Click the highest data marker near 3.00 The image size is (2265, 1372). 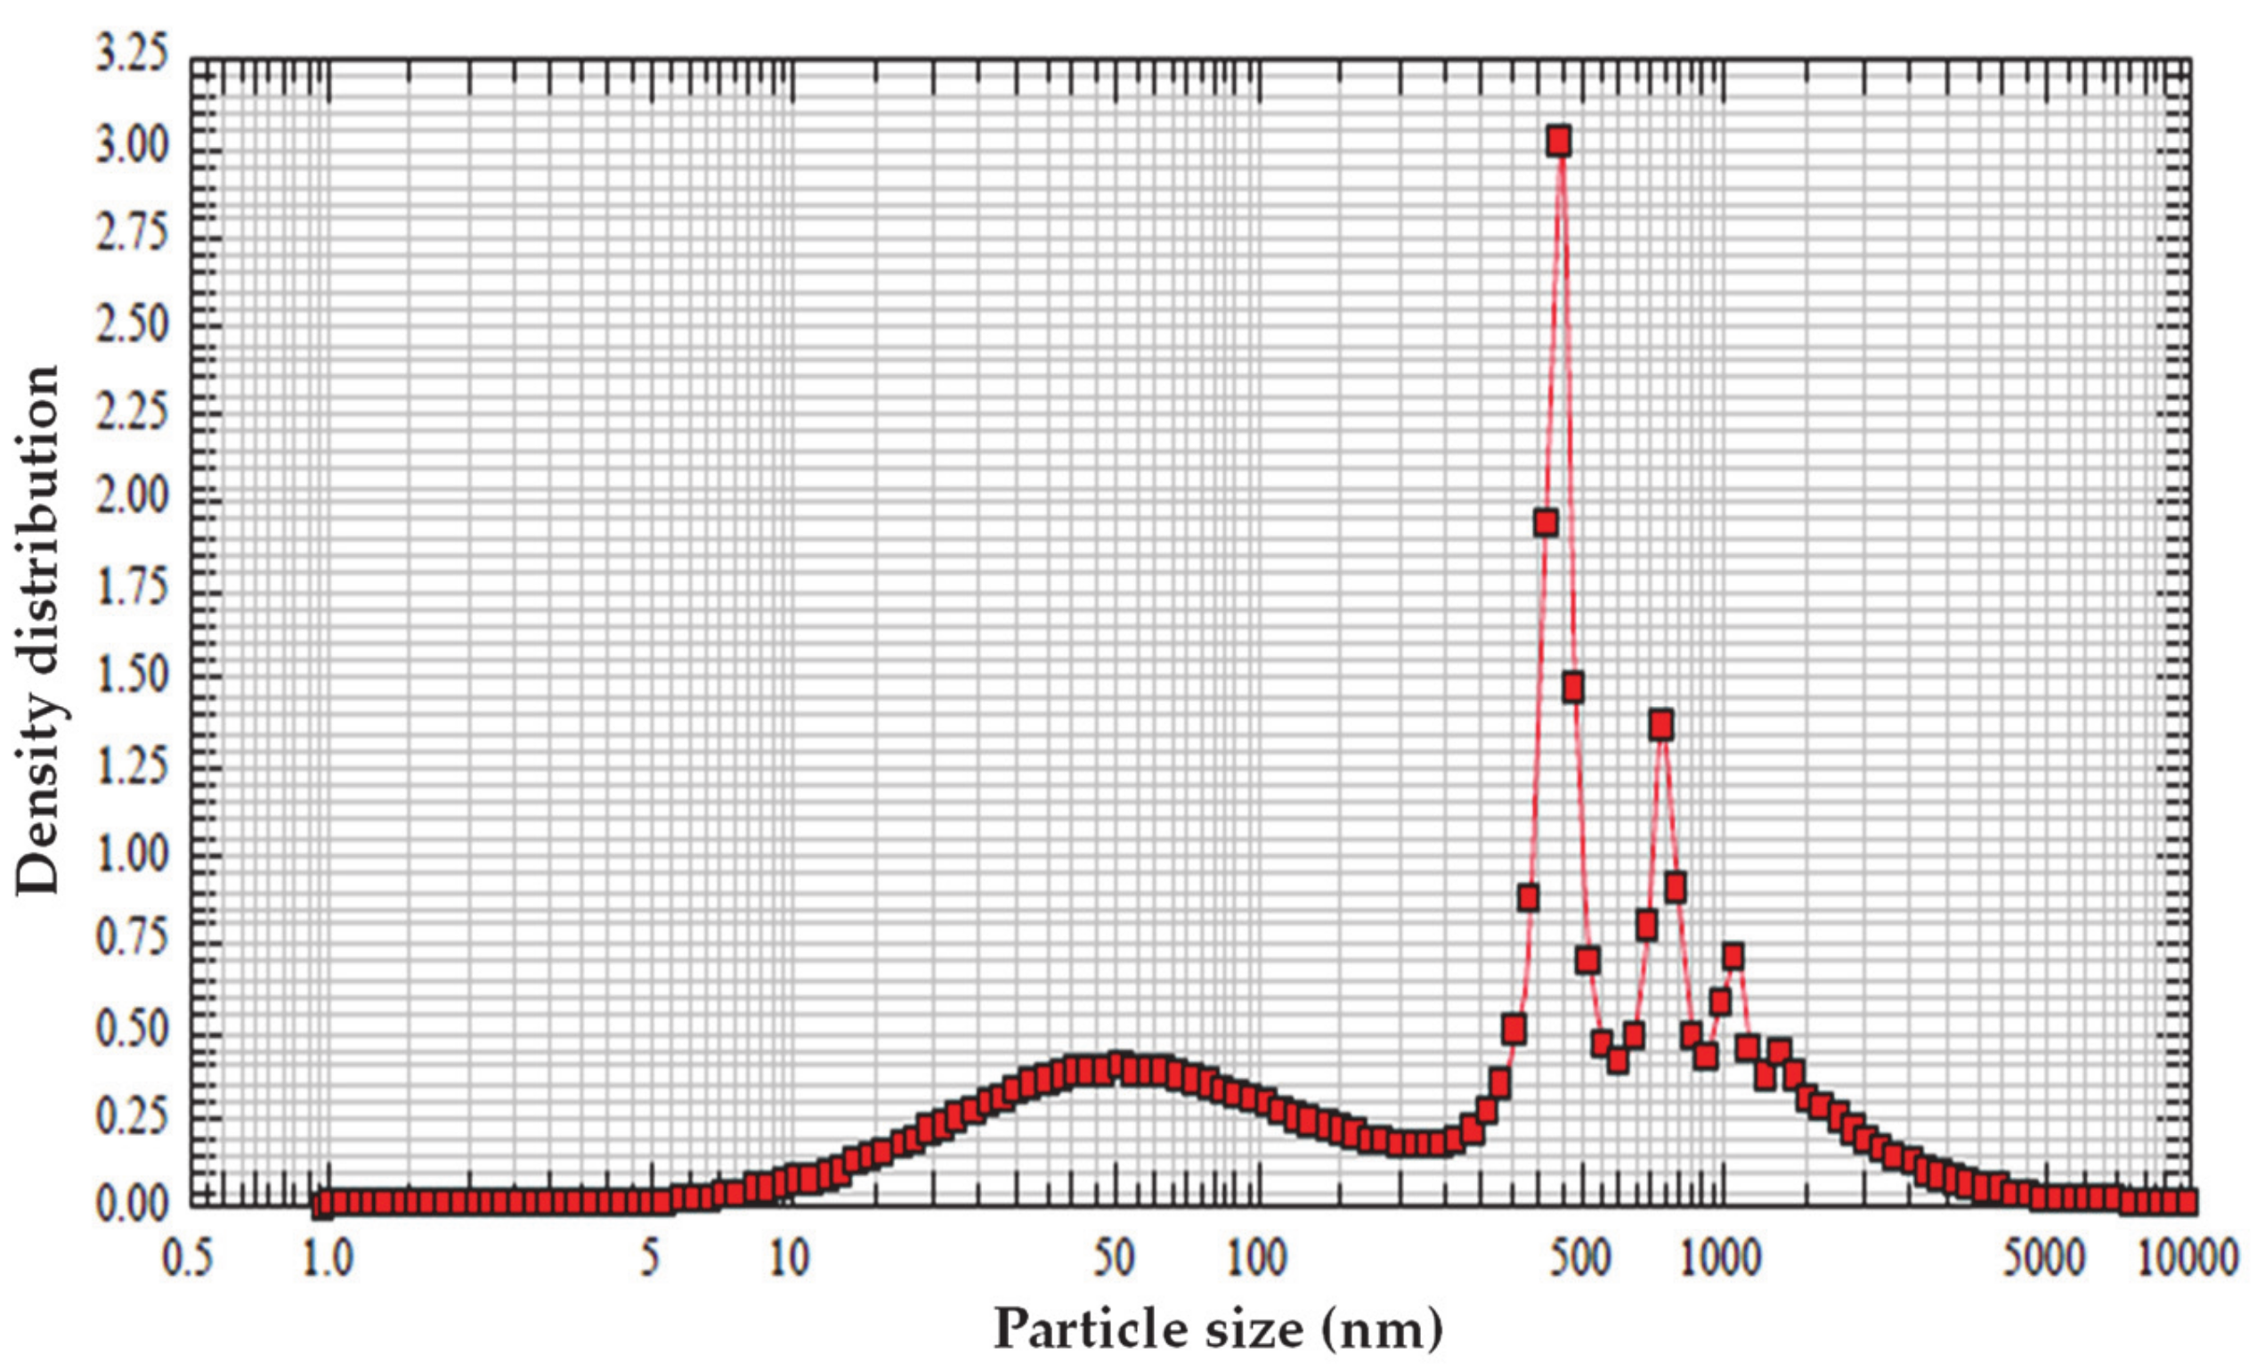[x=1558, y=142]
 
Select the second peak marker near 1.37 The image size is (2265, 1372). [x=1660, y=725]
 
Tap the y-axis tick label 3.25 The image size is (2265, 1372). [x=134, y=55]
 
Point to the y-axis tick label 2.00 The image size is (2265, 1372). [x=134, y=497]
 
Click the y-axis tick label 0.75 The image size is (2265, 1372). [x=134, y=939]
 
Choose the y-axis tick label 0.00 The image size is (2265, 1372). [x=134, y=1204]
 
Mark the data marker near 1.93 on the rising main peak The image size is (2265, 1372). [x=1546, y=523]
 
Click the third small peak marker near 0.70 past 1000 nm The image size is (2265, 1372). [x=1733, y=957]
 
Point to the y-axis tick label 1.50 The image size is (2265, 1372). [x=134, y=674]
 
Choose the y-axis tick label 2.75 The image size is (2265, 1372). [x=134, y=233]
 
